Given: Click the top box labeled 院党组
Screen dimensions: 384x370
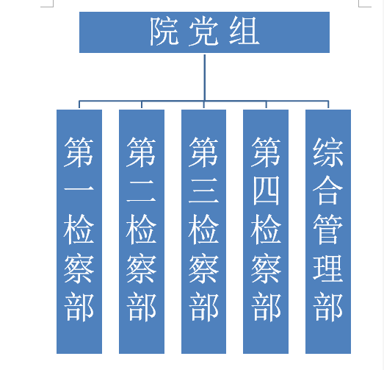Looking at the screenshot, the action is coord(204,32).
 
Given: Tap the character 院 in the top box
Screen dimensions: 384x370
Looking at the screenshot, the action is coord(164,31).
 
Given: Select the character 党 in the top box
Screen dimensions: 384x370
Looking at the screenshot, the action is coord(204,31).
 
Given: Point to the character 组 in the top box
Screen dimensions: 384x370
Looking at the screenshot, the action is coord(244,31).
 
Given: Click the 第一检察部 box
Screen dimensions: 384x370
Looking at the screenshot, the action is coord(79,232).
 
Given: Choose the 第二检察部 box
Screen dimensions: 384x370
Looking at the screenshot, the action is coord(142,232).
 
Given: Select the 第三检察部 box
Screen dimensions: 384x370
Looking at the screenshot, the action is coord(203,232).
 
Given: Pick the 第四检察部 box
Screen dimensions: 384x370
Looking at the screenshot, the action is coord(266,232).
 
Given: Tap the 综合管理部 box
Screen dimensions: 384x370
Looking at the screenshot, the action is coord(328,232).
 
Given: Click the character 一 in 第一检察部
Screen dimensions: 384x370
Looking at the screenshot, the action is coord(79,189).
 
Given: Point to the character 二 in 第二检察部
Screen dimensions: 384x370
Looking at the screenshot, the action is coord(141,191).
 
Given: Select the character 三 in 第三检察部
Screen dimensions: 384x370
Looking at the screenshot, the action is coord(203,191).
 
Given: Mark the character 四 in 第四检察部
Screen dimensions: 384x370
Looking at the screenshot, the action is coord(266,191).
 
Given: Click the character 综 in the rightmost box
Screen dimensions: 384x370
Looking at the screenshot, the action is coord(328,152).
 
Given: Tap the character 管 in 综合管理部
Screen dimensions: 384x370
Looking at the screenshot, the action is coord(328,230).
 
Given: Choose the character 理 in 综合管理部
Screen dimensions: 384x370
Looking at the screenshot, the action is coord(328,268).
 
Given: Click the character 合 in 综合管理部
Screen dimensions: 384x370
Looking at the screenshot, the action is coord(328,191).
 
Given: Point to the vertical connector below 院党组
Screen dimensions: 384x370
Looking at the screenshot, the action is coord(205,77).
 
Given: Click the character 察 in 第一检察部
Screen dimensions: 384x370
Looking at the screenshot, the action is coord(79,269).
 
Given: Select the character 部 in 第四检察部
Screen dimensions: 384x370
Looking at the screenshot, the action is coord(266,307).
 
